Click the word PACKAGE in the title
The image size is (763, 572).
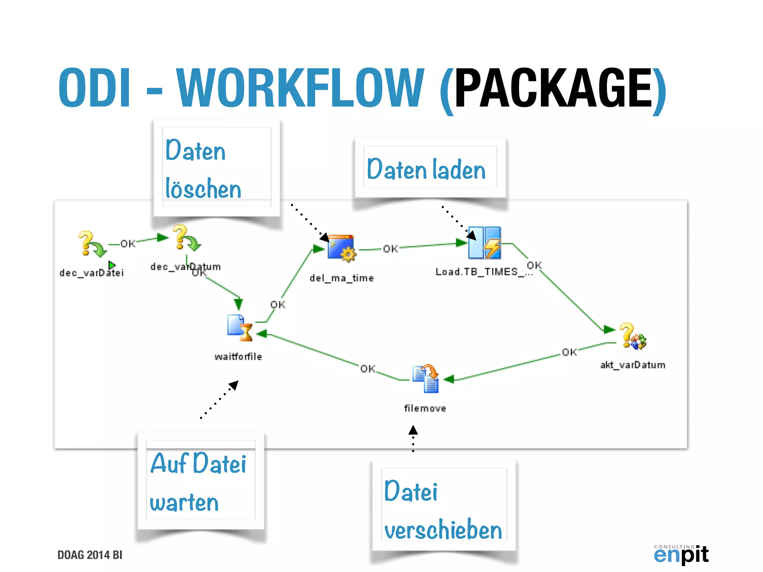(x=553, y=88)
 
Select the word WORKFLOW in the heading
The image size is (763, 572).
(x=300, y=88)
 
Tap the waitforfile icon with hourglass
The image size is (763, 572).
(x=240, y=328)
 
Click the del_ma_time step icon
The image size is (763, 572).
(x=341, y=248)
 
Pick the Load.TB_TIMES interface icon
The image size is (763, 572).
(x=484, y=243)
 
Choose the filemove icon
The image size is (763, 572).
(x=426, y=378)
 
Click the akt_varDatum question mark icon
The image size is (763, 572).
(x=632, y=336)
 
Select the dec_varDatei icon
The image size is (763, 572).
(x=91, y=244)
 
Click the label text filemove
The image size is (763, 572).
(x=425, y=409)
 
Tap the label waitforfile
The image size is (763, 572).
(x=238, y=357)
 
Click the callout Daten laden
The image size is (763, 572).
(x=430, y=169)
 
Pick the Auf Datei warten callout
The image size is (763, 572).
(x=200, y=482)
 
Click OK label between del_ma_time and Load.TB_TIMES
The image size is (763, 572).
(x=390, y=249)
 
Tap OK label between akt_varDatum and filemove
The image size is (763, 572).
(x=569, y=352)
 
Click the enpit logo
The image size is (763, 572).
(x=681, y=554)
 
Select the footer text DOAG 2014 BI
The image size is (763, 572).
(x=90, y=555)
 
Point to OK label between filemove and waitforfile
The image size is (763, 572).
(x=368, y=369)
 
